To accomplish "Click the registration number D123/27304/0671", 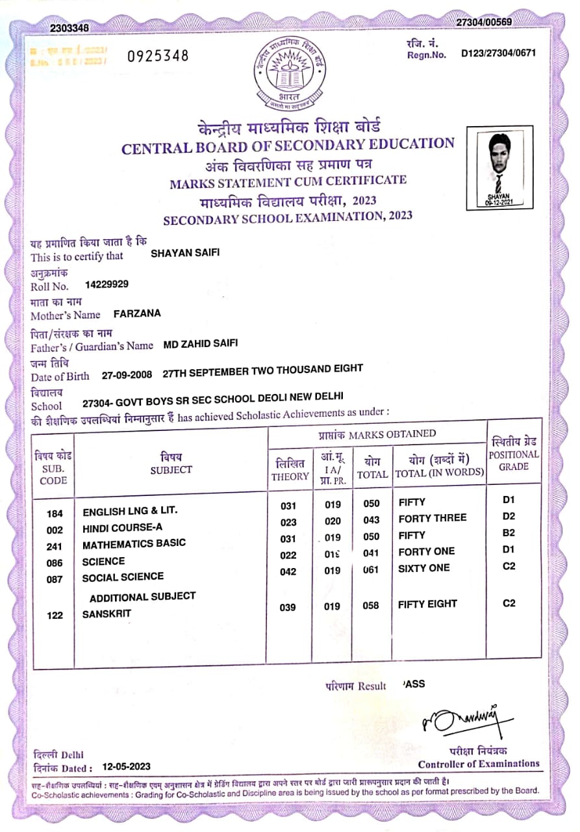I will coord(498,53).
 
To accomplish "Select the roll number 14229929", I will coord(107,284).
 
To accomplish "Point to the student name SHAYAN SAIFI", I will coord(185,253).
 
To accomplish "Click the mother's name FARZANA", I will coord(137,313).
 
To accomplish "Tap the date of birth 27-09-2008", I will coord(128,375).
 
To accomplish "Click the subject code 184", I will coord(55,513).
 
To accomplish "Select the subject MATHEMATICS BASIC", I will coord(134,543).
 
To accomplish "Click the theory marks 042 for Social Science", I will coord(288,572).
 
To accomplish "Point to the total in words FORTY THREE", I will coord(432,518).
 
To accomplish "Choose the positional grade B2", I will coord(509,533).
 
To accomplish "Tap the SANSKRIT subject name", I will coord(107,614).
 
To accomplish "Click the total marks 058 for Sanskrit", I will coord(371,606).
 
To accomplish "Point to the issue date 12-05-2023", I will coord(127,767).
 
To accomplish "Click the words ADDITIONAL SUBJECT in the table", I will coord(142,597).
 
